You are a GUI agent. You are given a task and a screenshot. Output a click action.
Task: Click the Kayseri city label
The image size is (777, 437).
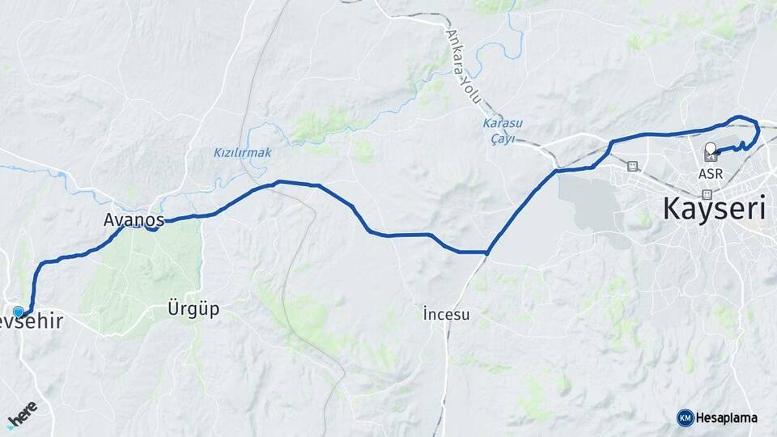(x=715, y=208)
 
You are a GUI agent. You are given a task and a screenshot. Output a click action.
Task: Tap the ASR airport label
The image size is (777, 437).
(x=710, y=173)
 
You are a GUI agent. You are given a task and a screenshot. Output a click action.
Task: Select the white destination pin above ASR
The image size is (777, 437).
(x=711, y=149)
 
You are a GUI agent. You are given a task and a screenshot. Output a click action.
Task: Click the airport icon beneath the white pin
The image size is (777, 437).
(x=711, y=158)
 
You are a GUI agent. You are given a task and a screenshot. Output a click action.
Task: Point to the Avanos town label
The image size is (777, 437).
(x=134, y=219)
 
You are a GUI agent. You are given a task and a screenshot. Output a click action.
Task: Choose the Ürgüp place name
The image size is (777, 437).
(x=193, y=308)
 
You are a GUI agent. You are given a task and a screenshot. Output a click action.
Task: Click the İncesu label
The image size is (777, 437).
(x=446, y=313)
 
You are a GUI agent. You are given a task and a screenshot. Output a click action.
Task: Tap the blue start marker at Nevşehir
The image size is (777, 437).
(x=19, y=312)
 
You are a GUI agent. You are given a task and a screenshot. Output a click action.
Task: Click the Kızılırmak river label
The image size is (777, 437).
(x=242, y=152)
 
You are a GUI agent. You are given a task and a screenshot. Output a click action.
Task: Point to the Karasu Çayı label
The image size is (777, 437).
(x=503, y=130)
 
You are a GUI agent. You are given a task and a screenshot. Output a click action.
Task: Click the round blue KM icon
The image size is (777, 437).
(x=685, y=418)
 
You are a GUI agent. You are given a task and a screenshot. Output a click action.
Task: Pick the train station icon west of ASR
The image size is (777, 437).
(x=632, y=167)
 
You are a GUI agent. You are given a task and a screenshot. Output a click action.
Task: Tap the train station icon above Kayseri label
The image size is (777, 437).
(x=707, y=194)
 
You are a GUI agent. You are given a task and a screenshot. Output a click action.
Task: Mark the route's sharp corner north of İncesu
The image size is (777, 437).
(x=487, y=252)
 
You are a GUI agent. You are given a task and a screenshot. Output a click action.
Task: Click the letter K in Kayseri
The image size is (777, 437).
(x=673, y=208)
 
